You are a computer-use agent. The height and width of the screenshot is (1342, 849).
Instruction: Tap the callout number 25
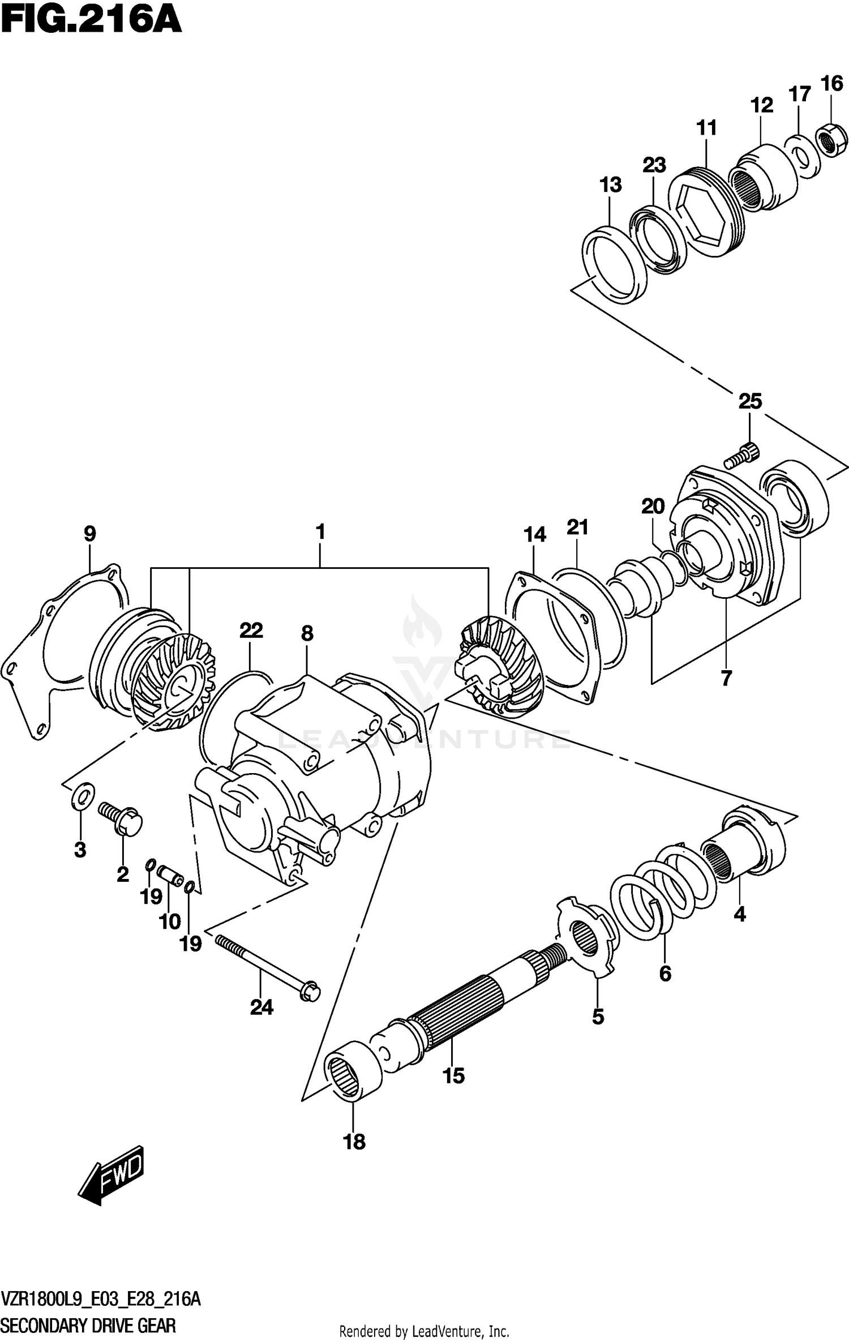click(749, 401)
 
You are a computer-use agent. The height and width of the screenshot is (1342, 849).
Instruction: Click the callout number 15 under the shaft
click(453, 1075)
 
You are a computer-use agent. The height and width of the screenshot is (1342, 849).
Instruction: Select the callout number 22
click(251, 630)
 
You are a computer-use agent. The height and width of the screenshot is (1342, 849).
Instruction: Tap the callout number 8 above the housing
click(307, 633)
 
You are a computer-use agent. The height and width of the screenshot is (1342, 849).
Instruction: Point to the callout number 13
click(611, 185)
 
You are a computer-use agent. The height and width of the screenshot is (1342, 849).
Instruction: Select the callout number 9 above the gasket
click(89, 533)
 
